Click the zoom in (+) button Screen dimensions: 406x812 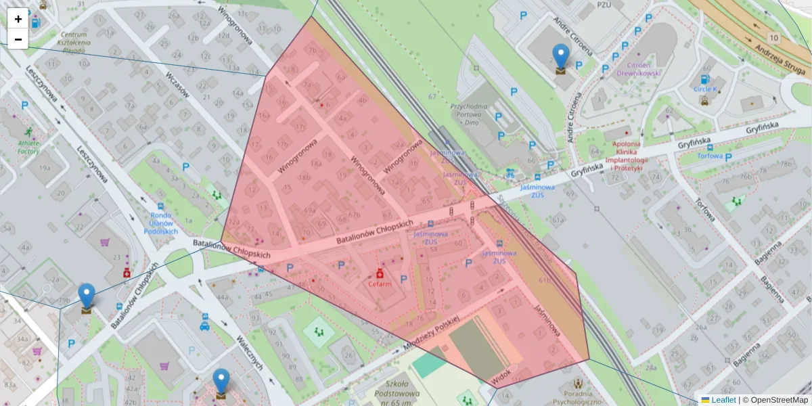(x=18, y=18)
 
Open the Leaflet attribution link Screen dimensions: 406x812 (x=722, y=400)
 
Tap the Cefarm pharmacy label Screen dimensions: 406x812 (x=380, y=284)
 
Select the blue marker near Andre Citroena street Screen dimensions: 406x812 (x=561, y=58)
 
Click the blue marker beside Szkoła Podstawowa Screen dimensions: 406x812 (x=221, y=382)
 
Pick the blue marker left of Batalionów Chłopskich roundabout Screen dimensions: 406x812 (x=87, y=297)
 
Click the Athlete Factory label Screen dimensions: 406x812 (x=28, y=147)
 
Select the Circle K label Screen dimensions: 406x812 (x=704, y=89)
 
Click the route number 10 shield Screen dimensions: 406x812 (x=773, y=37)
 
